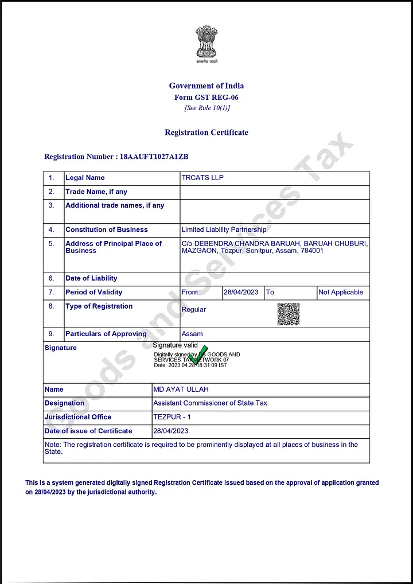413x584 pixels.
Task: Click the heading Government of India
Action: pyautogui.click(x=206, y=86)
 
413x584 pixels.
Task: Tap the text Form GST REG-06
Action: pyautogui.click(x=206, y=98)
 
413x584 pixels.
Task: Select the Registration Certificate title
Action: pyautogui.click(x=206, y=133)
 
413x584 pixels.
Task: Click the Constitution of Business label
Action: pyautogui.click(x=107, y=229)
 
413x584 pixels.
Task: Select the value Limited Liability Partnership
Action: pyautogui.click(x=224, y=229)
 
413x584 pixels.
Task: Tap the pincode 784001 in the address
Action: pyautogui.click(x=312, y=251)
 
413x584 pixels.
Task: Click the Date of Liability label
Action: pyautogui.click(x=91, y=278)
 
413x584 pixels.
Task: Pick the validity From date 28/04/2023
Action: pyautogui.click(x=241, y=292)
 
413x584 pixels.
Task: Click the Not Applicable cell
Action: pyautogui.click(x=341, y=292)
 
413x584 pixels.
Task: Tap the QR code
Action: pyautogui.click(x=289, y=314)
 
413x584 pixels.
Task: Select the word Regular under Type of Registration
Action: pyautogui.click(x=194, y=309)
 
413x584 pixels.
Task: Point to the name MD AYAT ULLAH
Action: pyautogui.click(x=181, y=390)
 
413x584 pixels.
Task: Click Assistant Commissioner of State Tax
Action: pyautogui.click(x=210, y=403)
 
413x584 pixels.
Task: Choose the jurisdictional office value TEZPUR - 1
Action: pyautogui.click(x=172, y=417)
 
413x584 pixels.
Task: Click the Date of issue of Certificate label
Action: pyautogui.click(x=88, y=431)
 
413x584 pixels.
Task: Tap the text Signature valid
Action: pyautogui.click(x=175, y=345)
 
